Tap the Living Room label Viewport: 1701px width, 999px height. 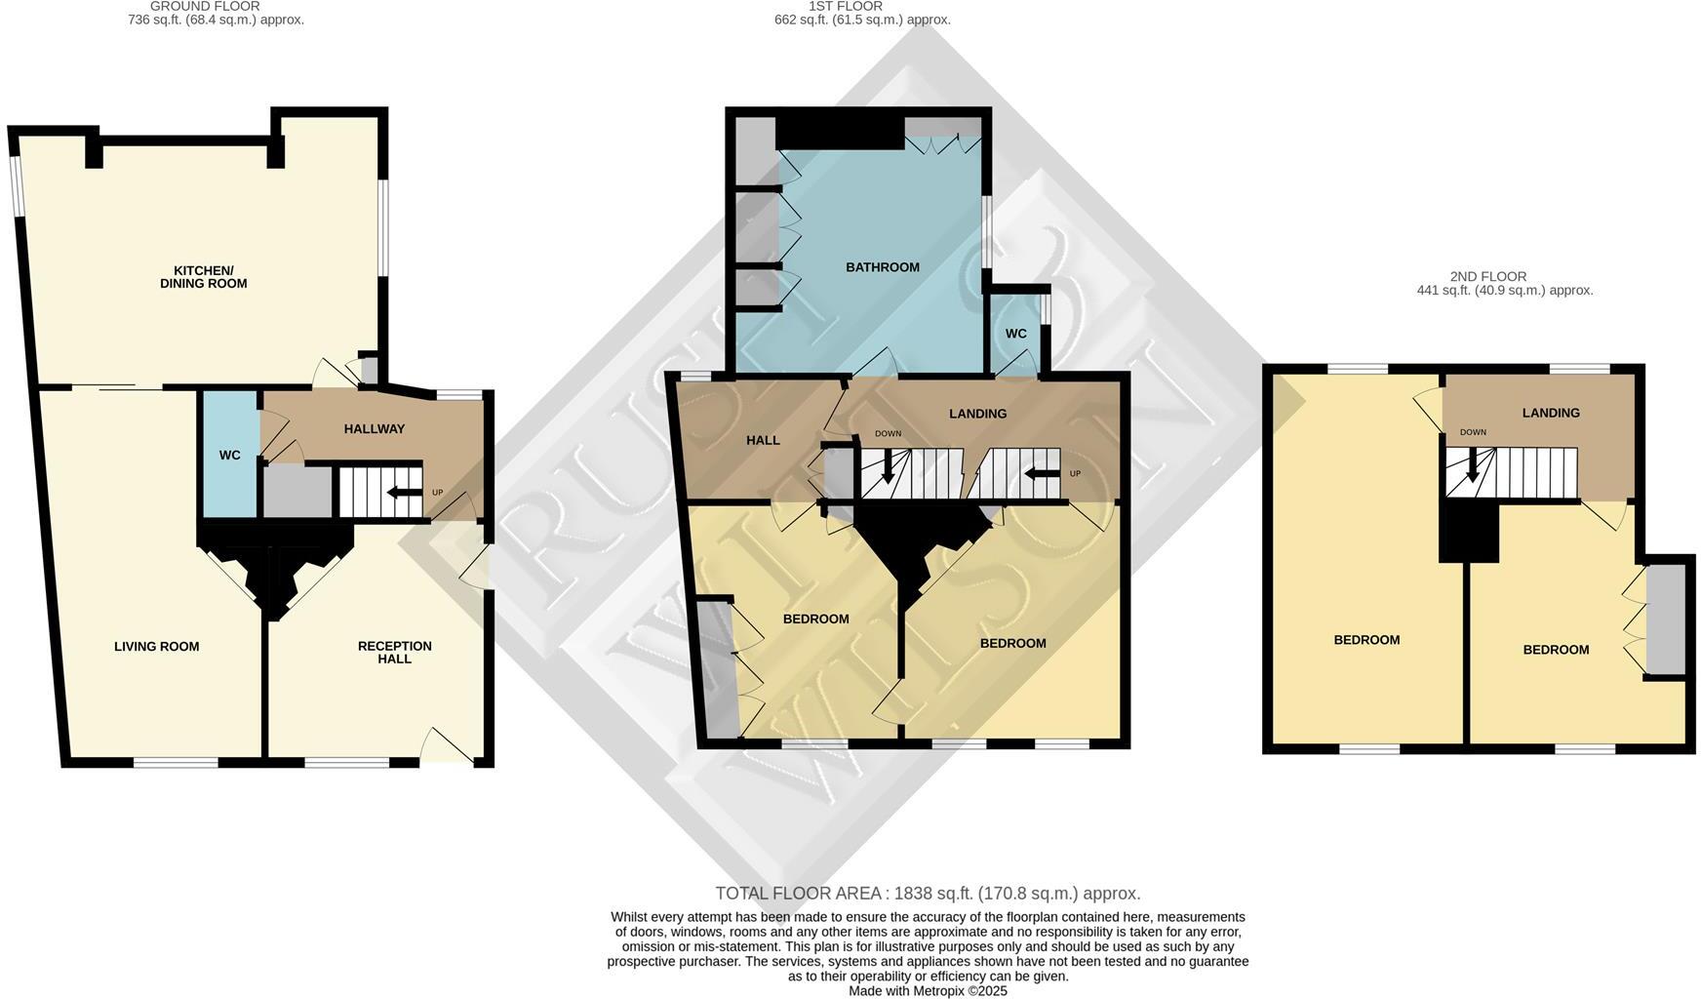pyautogui.click(x=156, y=646)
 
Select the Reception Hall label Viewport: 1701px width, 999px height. pyautogui.click(x=394, y=652)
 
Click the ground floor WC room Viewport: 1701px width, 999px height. pyautogui.click(x=229, y=455)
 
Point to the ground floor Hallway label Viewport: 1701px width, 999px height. pyautogui.click(x=374, y=428)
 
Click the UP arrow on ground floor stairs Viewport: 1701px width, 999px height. pyautogui.click(x=404, y=492)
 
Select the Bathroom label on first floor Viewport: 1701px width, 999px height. pyautogui.click(x=882, y=267)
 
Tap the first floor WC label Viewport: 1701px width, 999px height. pyautogui.click(x=1015, y=334)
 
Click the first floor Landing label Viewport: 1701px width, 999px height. pyautogui.click(x=977, y=414)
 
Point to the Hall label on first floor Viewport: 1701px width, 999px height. pyautogui.click(x=763, y=440)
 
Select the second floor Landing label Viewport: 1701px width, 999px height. pyautogui.click(x=1550, y=413)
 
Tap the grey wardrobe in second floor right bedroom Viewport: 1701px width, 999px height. pyautogui.click(x=1666, y=619)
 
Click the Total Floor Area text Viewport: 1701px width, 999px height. pyautogui.click(x=928, y=893)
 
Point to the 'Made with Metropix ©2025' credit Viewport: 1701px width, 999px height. pyautogui.click(x=928, y=990)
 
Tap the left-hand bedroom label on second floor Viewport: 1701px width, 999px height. pyautogui.click(x=1366, y=640)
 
